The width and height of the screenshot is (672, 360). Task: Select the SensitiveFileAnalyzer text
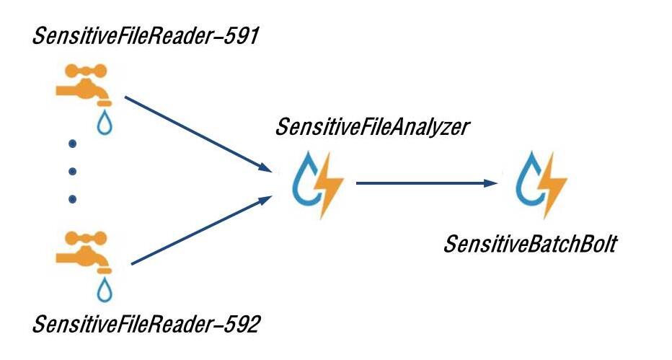[372, 128]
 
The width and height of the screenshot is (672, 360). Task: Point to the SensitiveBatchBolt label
[530, 244]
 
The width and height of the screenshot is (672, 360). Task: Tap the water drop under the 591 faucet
[105, 123]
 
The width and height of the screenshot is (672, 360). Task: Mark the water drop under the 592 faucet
[105, 290]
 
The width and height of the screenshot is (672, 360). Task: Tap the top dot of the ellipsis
[72, 144]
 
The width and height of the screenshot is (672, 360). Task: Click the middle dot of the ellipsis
[72, 172]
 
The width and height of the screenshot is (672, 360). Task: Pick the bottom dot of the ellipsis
[72, 199]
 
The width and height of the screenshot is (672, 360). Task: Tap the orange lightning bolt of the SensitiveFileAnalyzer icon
[330, 186]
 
